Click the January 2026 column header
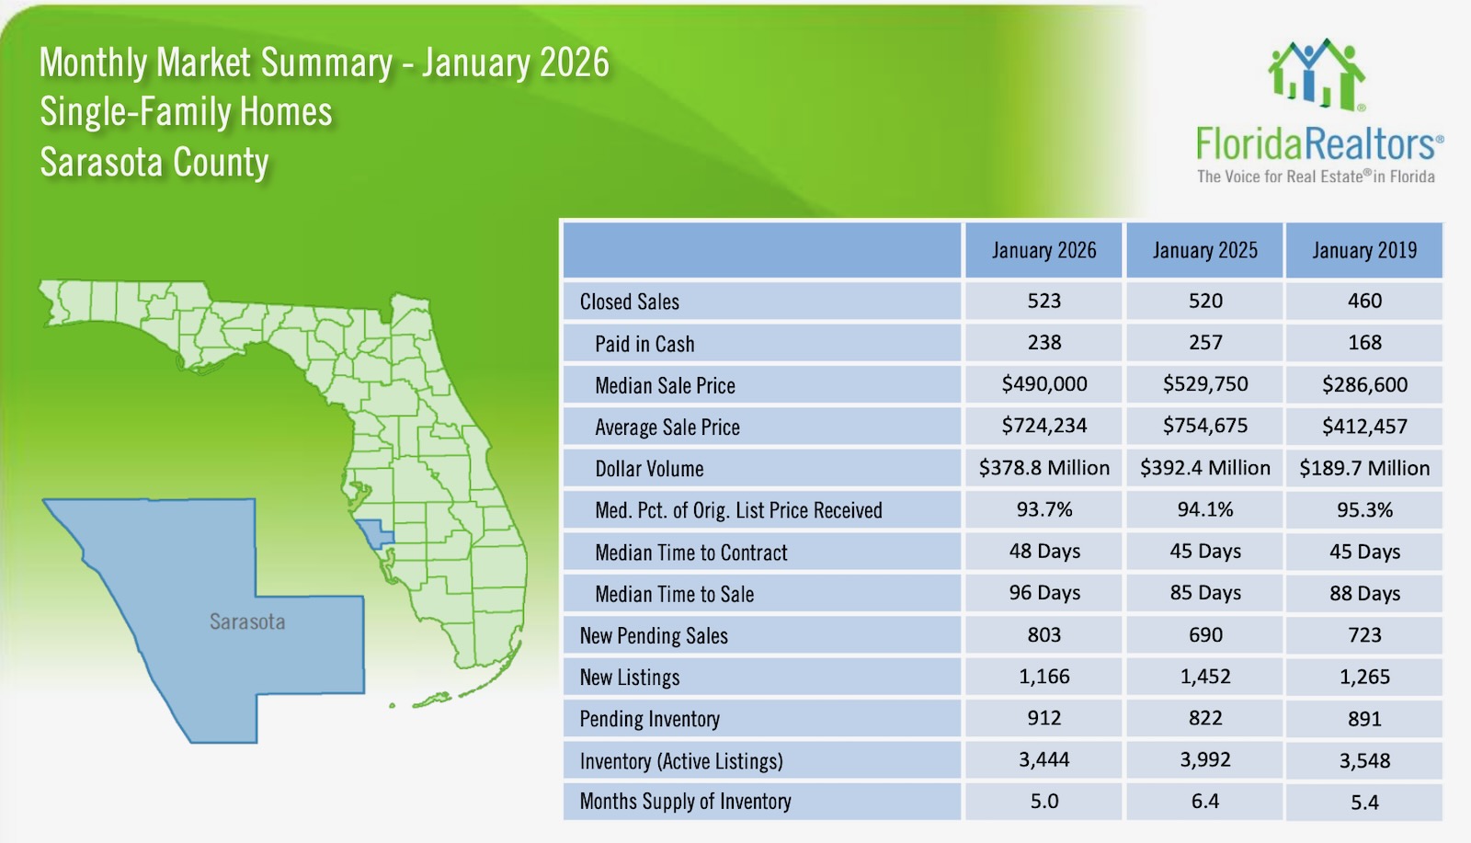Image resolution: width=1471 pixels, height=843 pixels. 1043,250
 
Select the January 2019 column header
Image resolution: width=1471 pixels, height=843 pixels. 1364,250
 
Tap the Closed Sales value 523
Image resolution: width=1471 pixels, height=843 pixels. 1043,301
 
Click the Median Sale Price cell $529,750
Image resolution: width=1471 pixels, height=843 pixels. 1204,384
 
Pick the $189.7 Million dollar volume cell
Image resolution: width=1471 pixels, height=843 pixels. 1364,468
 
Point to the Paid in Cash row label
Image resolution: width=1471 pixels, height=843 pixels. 644,344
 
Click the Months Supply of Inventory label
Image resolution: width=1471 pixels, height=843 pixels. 685,802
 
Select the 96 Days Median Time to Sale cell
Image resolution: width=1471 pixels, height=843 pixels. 1043,593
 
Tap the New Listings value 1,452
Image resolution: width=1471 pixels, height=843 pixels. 1204,677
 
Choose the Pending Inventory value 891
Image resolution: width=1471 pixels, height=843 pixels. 1364,719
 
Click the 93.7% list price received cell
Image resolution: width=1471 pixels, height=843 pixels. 1043,509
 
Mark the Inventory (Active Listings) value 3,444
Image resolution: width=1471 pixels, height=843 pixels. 1043,760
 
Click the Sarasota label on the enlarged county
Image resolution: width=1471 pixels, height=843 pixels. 247,621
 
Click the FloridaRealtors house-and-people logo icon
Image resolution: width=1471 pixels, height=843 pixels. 1317,75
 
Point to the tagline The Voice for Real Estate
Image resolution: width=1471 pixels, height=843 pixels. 1315,177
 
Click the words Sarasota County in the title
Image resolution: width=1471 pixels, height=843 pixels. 154,163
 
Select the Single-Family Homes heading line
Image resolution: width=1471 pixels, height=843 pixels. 186,112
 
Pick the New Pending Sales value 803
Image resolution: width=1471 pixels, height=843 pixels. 1043,635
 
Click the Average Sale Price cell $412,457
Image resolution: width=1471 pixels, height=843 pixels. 1364,427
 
